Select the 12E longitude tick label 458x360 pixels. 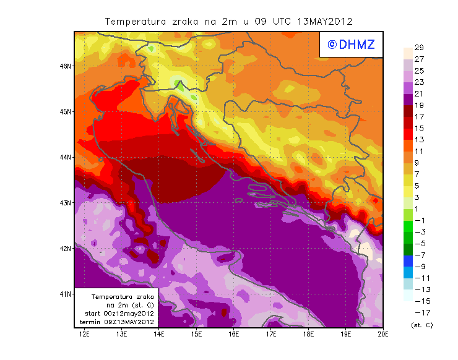(85, 335)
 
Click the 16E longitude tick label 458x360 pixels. (234, 335)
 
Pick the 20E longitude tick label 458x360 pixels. (383, 335)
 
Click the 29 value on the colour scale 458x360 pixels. (419, 48)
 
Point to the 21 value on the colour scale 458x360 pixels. (419, 93)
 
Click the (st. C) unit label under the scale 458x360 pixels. (421, 325)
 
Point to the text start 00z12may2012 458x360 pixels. (119, 314)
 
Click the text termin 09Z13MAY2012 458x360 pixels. (117, 322)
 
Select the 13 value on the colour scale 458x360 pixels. (419, 140)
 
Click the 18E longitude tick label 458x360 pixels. (309, 335)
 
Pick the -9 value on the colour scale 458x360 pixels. (419, 266)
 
